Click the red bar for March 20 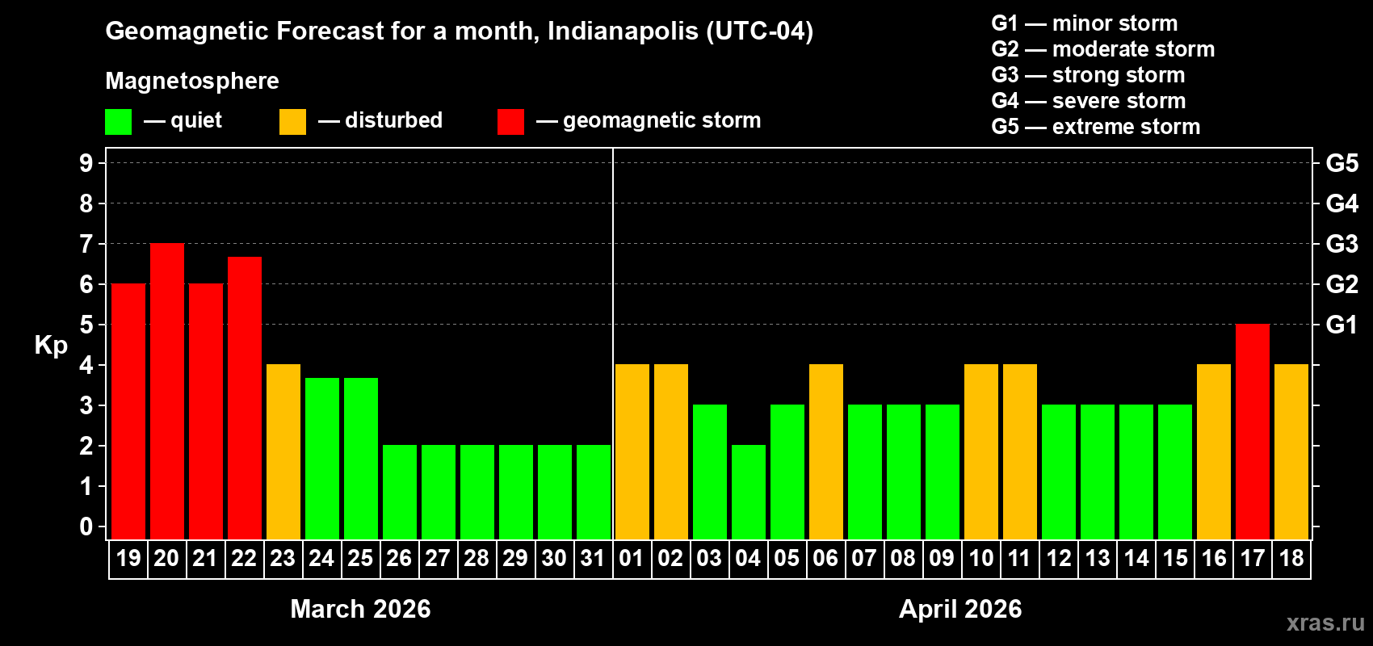point(167,392)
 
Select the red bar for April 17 point(1253,432)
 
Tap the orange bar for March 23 point(283,452)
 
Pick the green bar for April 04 point(749,493)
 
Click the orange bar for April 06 point(826,452)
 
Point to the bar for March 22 point(245,398)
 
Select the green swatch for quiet point(119,122)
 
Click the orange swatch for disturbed point(292,122)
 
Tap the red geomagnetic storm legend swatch point(510,122)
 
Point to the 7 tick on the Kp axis point(86,244)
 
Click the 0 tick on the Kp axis point(86,526)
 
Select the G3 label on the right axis point(1342,244)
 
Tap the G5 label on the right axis point(1342,163)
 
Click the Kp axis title point(51,346)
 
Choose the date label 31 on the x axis point(593,558)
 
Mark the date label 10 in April point(981,558)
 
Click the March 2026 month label point(360,609)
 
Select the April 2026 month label point(960,609)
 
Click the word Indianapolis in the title point(623,31)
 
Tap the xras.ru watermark point(1325,622)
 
